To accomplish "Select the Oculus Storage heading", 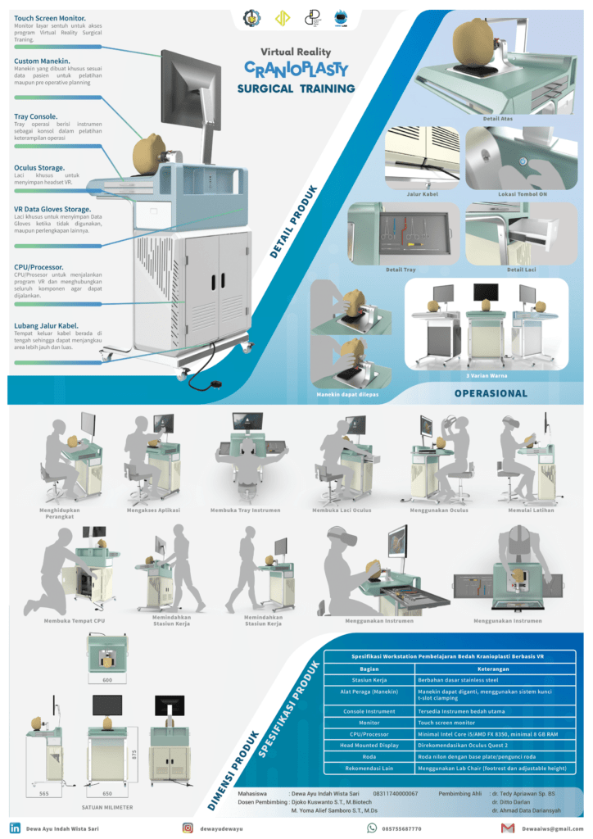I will point(39,167).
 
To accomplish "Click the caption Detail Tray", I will point(402,269).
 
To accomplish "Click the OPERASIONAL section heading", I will point(491,393).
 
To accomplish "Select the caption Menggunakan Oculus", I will point(438,510).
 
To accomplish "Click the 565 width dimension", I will point(44,794).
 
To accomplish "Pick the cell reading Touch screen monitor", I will point(447,723).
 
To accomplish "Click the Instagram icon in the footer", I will point(188,828).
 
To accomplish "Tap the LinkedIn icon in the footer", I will point(15,828).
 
